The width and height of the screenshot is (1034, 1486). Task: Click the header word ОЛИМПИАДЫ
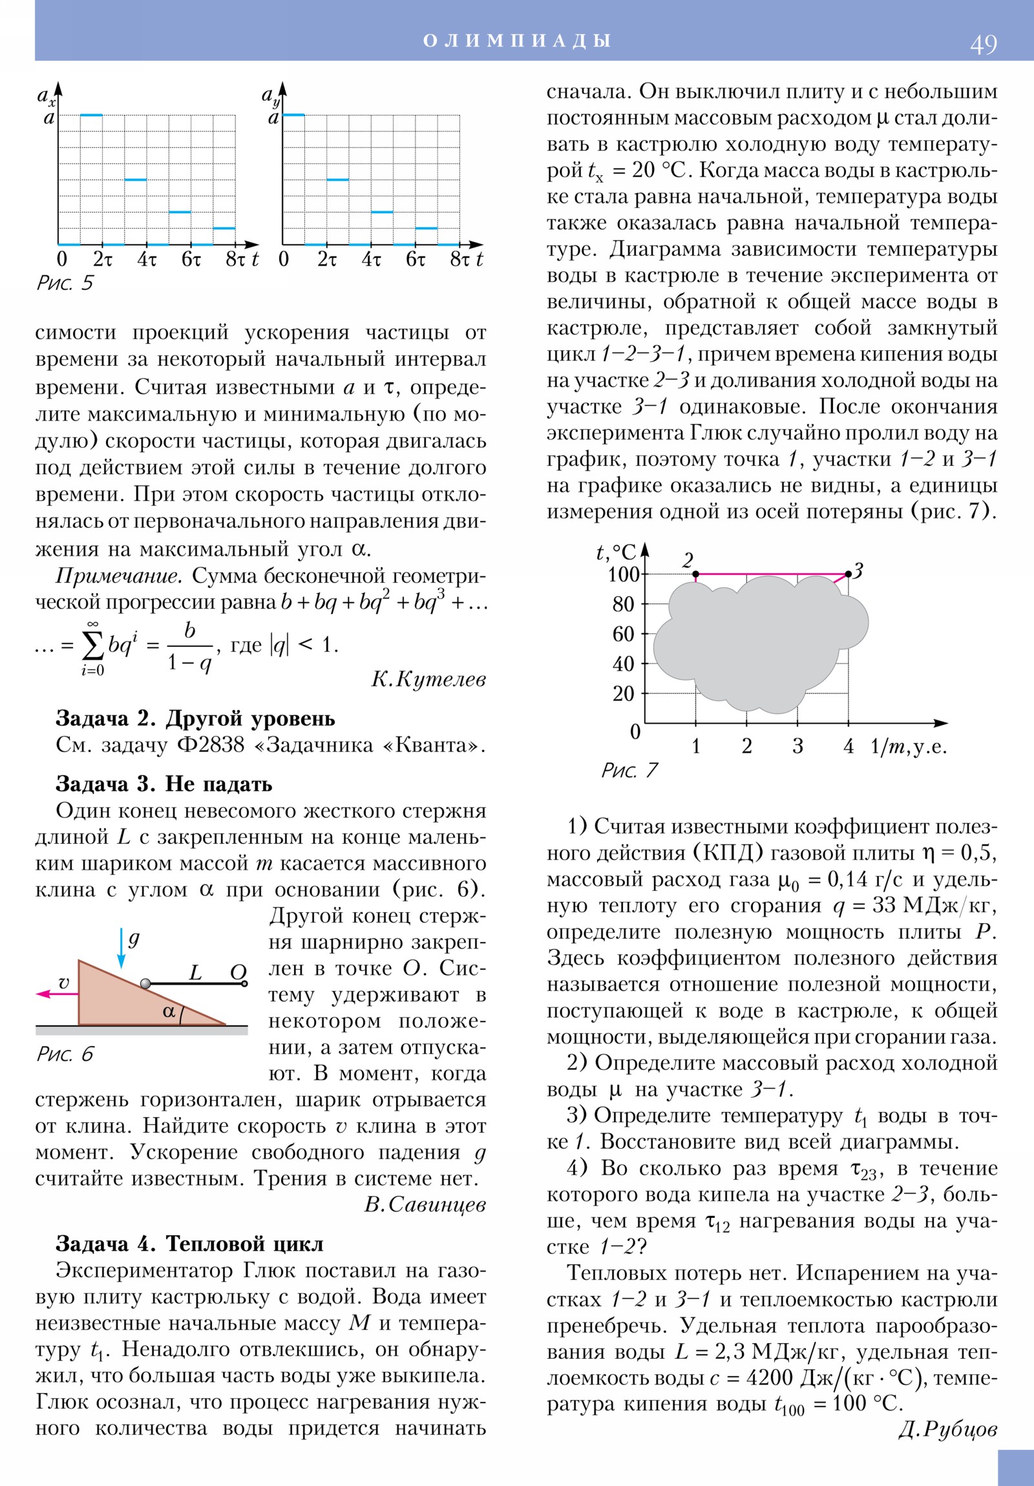516,41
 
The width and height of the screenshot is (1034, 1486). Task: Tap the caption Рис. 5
65,283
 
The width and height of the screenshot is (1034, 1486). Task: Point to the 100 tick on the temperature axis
624,574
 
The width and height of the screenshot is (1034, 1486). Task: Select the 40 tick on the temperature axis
624,664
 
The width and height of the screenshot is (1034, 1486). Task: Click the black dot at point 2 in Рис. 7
696,574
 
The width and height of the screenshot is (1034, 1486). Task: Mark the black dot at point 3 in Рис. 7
848,574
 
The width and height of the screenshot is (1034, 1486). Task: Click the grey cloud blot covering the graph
757,641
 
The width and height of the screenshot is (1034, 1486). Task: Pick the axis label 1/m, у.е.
909,746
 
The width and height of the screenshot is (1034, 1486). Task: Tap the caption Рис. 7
629,770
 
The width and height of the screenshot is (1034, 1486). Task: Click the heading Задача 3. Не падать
164,784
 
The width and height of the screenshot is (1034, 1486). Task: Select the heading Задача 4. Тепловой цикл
189,1243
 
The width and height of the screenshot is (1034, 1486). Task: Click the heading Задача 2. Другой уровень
195,718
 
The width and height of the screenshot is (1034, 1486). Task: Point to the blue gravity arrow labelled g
121,948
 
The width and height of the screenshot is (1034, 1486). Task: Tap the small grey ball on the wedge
145,984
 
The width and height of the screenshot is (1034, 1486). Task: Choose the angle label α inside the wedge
169,1012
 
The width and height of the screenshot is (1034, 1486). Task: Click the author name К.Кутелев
428,679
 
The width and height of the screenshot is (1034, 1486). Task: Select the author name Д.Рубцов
947,1429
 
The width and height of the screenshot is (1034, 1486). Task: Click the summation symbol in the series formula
92,645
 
